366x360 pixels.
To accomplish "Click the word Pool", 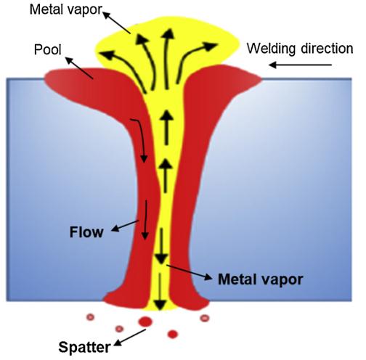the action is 48,49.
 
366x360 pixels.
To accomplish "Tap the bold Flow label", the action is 86,232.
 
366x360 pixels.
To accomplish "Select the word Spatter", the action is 84,347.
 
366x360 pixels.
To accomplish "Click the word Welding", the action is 272,49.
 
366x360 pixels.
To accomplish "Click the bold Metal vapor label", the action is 261,279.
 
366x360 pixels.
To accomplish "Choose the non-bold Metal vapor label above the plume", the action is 65,9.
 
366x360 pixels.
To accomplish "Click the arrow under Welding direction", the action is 300,65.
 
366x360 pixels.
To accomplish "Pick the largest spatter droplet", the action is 145,322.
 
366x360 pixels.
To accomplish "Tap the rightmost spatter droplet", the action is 205,318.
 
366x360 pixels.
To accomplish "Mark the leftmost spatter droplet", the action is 91,317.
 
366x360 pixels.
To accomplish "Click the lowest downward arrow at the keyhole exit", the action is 160,292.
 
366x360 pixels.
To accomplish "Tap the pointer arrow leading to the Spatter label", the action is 130,337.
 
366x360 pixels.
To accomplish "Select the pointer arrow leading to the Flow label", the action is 125,226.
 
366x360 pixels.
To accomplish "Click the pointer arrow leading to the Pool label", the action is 79,68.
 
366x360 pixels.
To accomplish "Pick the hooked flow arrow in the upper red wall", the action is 142,139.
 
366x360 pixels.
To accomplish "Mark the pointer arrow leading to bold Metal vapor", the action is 190,272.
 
